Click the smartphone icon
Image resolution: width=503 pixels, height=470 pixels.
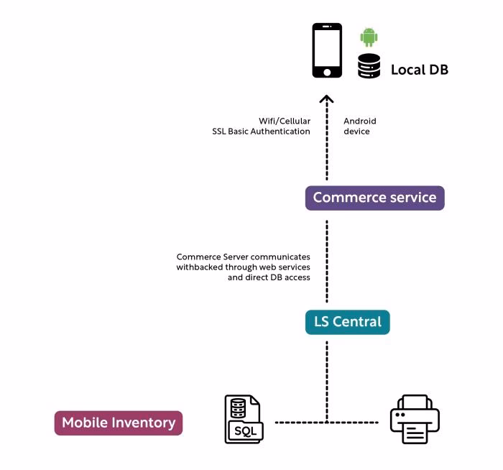click(327, 50)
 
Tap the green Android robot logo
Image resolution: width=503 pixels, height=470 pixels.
click(369, 37)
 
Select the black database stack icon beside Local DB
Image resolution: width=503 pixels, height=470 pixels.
click(369, 65)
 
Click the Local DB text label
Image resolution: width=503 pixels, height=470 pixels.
click(419, 70)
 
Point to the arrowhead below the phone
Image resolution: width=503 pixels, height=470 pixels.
click(327, 100)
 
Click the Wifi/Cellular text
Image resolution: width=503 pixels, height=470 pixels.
click(285, 121)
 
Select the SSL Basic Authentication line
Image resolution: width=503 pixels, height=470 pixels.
click(261, 132)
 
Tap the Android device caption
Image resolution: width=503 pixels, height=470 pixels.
click(359, 126)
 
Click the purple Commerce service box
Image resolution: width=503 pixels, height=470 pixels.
click(374, 198)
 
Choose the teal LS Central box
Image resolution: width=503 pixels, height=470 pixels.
click(347, 322)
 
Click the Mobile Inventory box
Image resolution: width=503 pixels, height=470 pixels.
click(119, 423)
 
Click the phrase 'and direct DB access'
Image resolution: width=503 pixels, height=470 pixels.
click(269, 277)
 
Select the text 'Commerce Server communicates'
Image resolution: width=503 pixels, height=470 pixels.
click(244, 257)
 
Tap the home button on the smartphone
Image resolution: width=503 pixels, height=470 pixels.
click(327, 72)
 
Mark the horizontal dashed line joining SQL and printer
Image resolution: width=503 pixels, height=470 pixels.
click(302, 422)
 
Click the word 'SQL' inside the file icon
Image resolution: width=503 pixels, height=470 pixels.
click(244, 431)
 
